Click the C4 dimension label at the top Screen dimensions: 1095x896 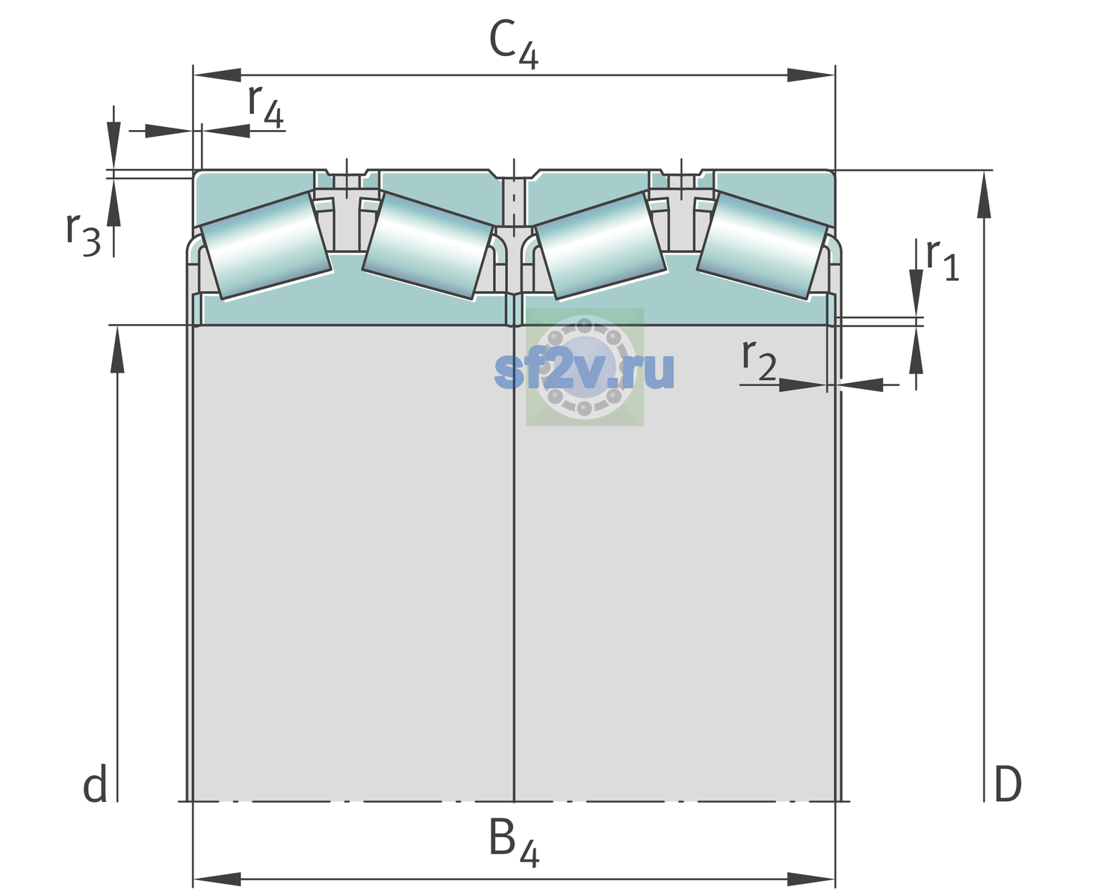tap(513, 44)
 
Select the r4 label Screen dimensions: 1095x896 tap(266, 107)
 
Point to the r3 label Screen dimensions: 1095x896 tap(83, 234)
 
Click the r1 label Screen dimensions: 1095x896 tap(943, 260)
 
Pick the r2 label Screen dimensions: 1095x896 tap(759, 359)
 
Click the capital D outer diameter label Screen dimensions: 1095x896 tap(1008, 785)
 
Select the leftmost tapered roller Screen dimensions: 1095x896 tap(265, 246)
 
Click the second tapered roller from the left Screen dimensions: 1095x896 tap(428, 246)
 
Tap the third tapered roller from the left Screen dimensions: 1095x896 tap(601, 246)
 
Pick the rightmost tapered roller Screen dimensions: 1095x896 tap(763, 246)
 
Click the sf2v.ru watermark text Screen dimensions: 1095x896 tap(584, 370)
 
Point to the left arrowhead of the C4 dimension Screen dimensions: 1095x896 tap(217, 75)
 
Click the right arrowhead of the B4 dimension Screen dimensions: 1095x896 tap(811, 880)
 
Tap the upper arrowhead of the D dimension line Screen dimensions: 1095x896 tap(984, 194)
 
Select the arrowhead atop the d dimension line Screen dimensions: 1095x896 tap(117, 349)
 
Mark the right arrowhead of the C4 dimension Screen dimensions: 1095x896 tap(811, 75)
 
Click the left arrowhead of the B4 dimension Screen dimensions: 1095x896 tap(217, 880)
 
